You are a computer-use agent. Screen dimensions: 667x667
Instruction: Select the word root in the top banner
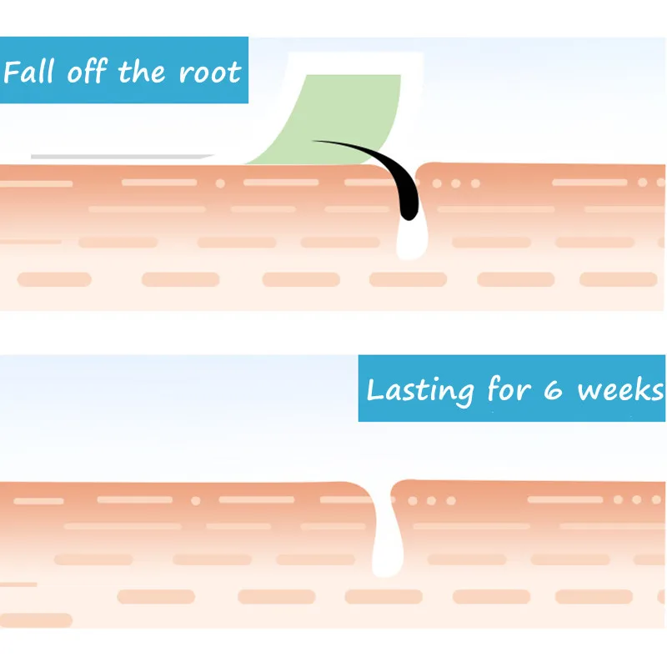pyautogui.click(x=210, y=73)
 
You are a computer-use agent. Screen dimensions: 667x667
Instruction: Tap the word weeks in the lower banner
pyautogui.click(x=620, y=390)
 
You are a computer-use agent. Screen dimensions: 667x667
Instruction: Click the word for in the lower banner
pyautogui.click(x=505, y=389)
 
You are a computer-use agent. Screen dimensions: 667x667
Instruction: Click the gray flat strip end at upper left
pyautogui.click(x=117, y=156)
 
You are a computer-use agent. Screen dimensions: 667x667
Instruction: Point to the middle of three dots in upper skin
pyautogui.click(x=455, y=183)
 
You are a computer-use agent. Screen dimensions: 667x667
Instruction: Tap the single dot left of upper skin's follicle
pyautogui.click(x=220, y=183)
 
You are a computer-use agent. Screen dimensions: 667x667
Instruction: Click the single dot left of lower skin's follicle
pyautogui.click(x=195, y=501)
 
